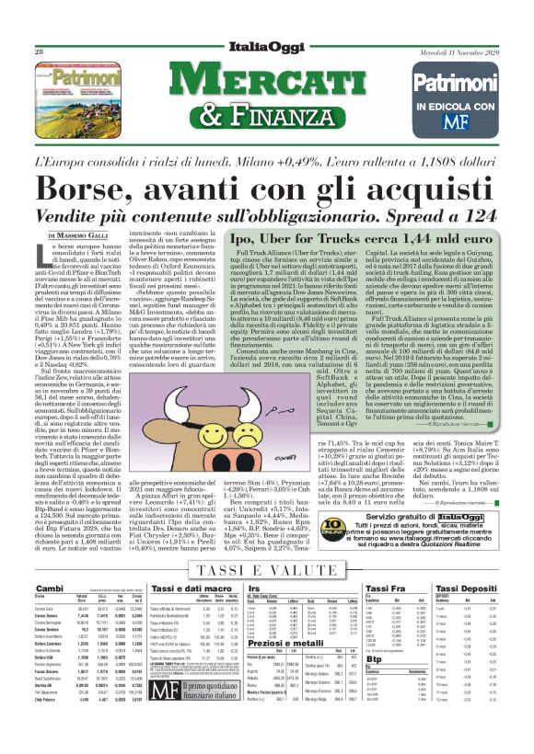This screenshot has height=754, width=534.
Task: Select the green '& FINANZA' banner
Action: [x=267, y=116]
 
